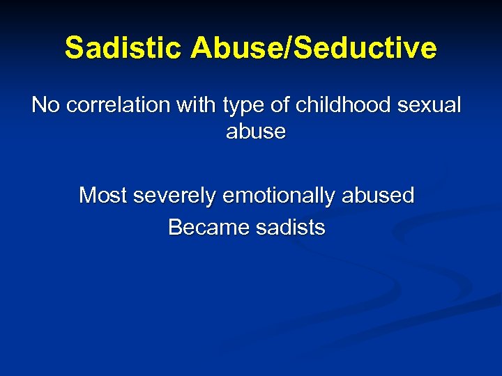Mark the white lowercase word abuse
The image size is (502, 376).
(x=256, y=132)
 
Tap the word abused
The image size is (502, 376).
(x=378, y=196)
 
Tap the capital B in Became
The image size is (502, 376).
(x=174, y=228)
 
